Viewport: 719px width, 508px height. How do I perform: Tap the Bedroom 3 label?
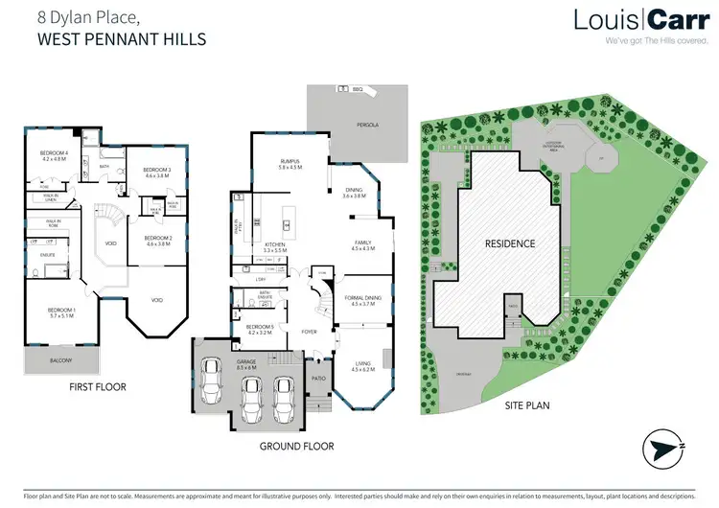coord(156,173)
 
